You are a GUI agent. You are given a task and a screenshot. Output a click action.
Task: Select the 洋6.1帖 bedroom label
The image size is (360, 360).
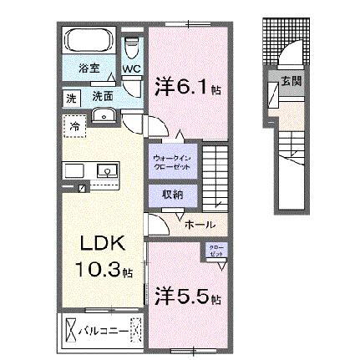tap(186, 86)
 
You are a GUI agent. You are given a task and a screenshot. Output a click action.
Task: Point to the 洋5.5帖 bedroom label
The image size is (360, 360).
tap(186, 297)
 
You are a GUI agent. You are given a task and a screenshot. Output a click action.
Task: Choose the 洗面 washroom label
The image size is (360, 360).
tap(103, 97)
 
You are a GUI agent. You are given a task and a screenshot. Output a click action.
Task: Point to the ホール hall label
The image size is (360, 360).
tap(199, 224)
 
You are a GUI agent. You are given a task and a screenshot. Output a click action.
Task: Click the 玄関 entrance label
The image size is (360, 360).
tap(292, 81)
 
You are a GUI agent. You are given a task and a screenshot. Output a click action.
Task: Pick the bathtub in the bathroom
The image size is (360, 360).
tap(89, 42)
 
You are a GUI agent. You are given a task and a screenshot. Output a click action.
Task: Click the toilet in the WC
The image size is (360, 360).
tap(131, 47)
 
